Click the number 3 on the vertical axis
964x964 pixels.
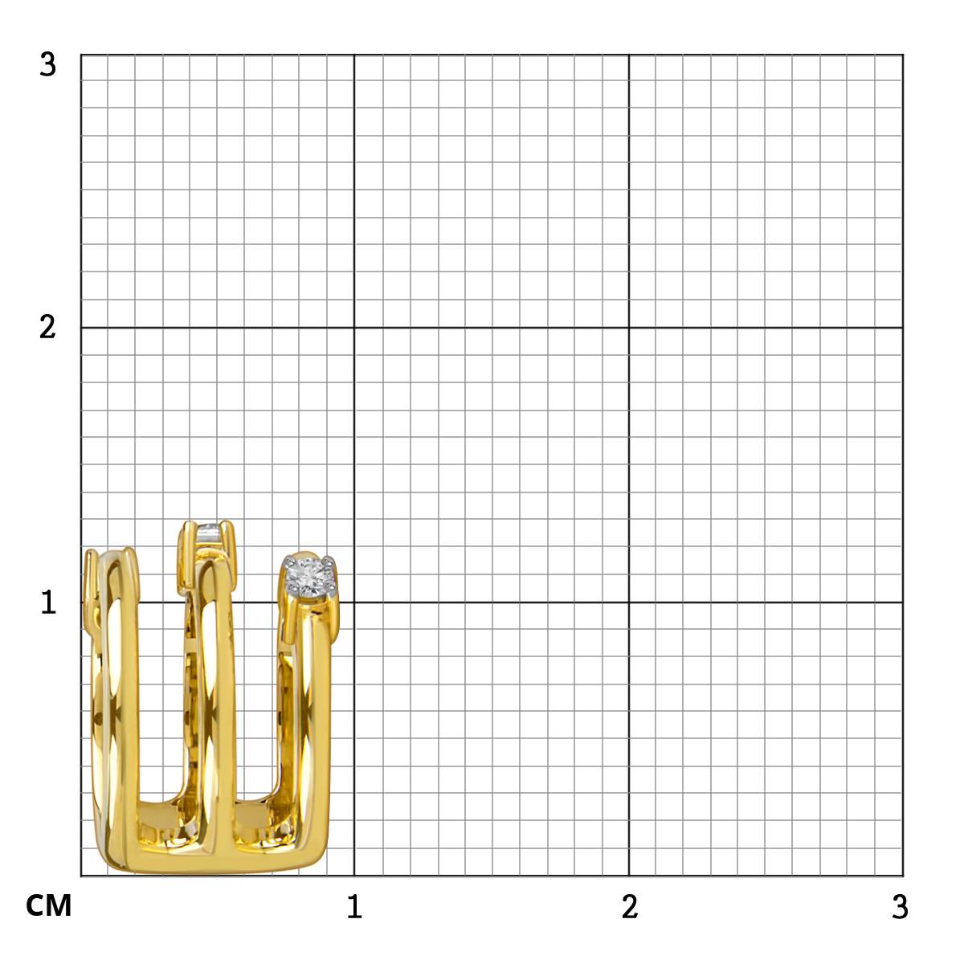[48, 64]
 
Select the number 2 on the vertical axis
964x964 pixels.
[48, 328]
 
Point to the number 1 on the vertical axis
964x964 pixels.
[48, 602]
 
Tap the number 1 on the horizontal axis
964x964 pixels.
[355, 906]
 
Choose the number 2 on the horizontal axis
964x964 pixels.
[630, 906]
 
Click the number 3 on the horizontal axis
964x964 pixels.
[900, 906]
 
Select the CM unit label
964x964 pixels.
[48, 906]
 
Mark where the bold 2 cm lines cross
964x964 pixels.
[629, 328]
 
